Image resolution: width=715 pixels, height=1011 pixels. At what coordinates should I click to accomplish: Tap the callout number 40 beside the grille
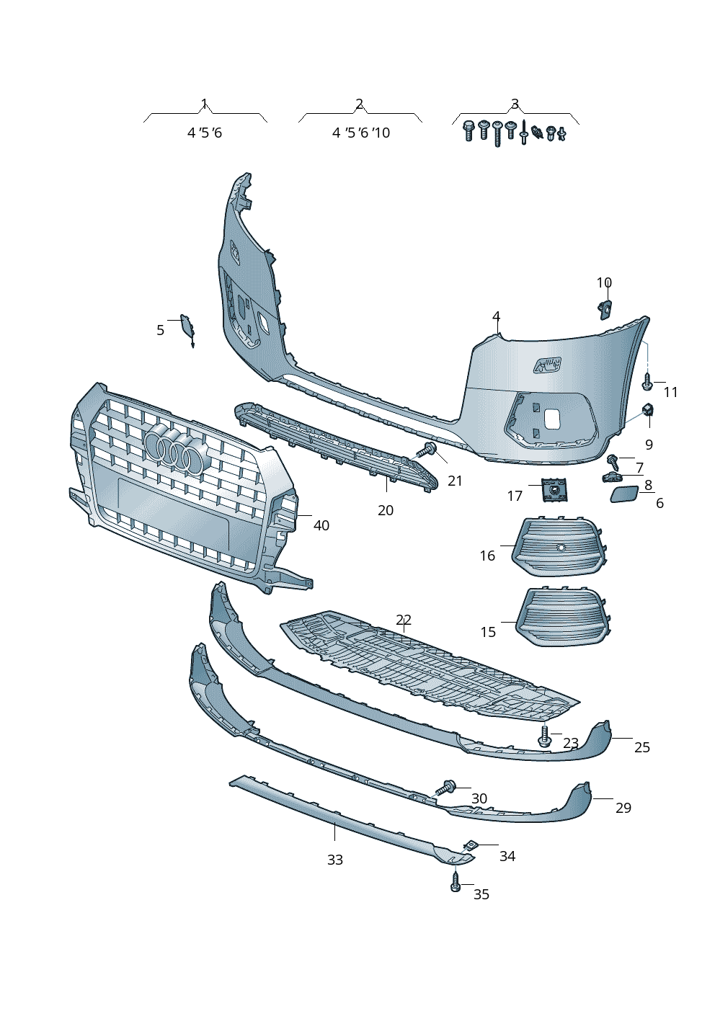[321, 525]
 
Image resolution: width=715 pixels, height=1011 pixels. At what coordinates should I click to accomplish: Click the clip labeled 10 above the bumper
[604, 309]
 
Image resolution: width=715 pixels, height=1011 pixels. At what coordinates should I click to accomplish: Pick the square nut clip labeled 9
[648, 411]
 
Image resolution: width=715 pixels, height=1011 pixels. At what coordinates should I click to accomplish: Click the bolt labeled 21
[427, 451]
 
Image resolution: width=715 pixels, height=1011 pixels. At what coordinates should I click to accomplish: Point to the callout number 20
[386, 510]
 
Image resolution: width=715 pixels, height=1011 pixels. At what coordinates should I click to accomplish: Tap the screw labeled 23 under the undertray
[545, 736]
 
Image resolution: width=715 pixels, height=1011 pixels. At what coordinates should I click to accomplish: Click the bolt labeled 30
[446, 788]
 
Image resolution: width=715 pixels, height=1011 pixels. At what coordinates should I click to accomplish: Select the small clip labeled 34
[471, 845]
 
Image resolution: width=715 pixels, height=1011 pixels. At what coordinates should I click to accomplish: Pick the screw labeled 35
[455, 882]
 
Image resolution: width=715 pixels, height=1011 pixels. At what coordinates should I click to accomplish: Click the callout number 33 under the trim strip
[335, 860]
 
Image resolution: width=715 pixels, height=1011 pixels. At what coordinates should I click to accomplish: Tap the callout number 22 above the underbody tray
[404, 620]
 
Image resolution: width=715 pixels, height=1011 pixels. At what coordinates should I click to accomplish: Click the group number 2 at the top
[359, 104]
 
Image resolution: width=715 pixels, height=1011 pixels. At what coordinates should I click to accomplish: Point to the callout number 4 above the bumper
[497, 316]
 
